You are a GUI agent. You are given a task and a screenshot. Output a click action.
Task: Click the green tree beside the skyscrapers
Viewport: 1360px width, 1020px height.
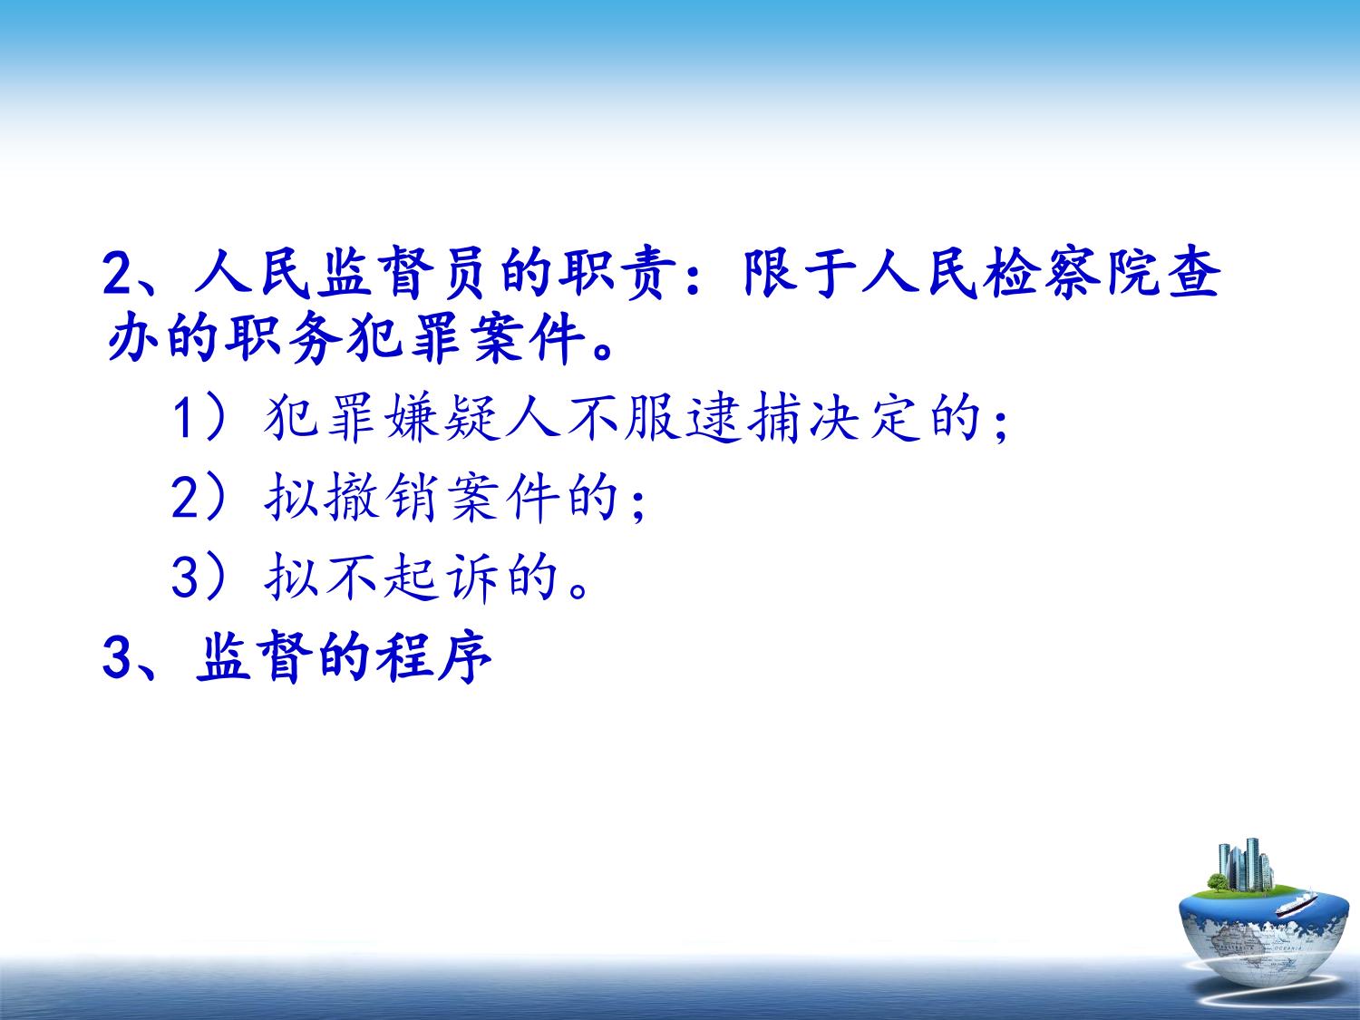tap(1219, 881)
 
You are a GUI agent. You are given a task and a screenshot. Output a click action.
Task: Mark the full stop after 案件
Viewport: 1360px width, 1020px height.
tap(602, 352)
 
